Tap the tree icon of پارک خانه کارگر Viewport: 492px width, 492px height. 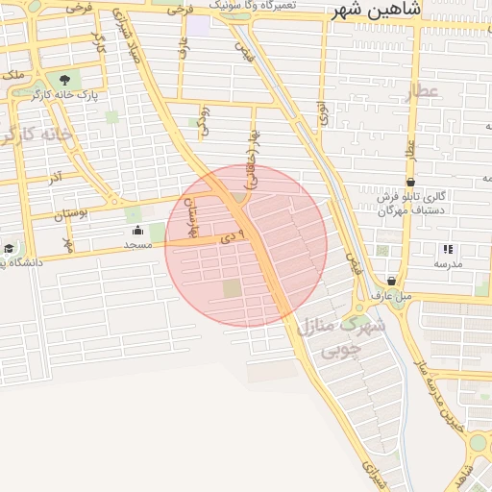tap(64, 80)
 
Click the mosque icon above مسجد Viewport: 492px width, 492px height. tap(136, 231)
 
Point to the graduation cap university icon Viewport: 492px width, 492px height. tap(8, 249)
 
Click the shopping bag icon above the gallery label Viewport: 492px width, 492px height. tap(410, 181)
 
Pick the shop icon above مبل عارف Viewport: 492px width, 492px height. tap(391, 281)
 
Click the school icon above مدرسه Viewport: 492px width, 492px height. tap(448, 249)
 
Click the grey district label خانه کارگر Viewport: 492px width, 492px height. tap(37, 135)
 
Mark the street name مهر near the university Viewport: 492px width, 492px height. tap(68, 243)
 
